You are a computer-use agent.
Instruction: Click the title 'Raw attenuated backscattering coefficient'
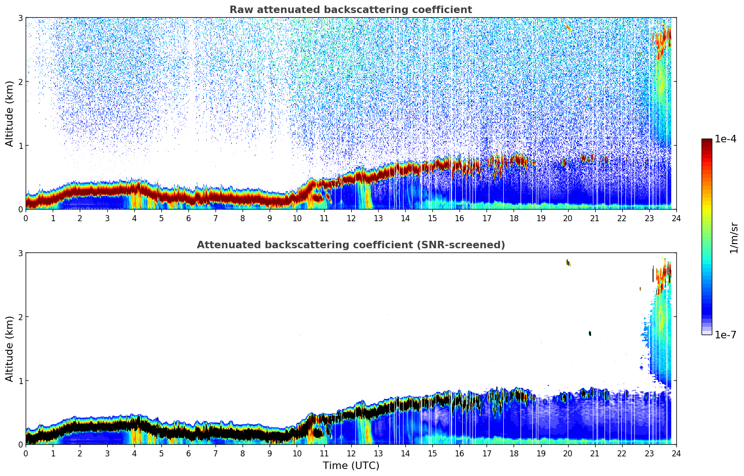click(x=350, y=10)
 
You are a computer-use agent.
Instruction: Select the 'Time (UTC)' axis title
click(x=351, y=466)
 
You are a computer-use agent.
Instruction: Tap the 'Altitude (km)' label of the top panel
click(x=10, y=113)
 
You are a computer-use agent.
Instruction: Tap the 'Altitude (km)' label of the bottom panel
click(x=10, y=349)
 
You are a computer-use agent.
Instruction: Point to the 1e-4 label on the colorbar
click(x=725, y=139)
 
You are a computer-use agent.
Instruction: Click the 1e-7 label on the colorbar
click(x=725, y=335)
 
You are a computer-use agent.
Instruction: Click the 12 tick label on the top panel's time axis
click(x=351, y=218)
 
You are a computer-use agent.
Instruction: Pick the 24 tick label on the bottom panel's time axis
click(x=676, y=453)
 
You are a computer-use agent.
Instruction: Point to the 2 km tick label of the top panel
click(x=20, y=82)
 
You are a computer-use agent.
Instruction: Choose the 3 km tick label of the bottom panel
click(x=20, y=253)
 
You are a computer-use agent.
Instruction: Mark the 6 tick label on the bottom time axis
click(x=188, y=453)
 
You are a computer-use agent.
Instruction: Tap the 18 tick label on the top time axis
click(x=514, y=218)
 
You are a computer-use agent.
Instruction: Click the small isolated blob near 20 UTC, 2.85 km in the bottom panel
click(x=568, y=263)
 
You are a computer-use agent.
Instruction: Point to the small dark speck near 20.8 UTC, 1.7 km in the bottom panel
click(x=590, y=333)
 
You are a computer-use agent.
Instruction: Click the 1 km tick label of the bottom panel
click(x=20, y=381)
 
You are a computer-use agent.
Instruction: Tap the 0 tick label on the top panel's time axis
click(x=26, y=218)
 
